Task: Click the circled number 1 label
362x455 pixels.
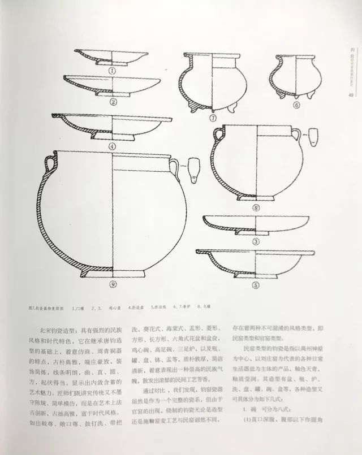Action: (x=112, y=71)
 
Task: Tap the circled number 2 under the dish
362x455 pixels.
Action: (x=113, y=102)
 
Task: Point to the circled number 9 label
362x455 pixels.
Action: (x=113, y=284)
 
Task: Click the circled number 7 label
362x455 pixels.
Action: (x=213, y=119)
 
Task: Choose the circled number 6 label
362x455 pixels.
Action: (x=296, y=105)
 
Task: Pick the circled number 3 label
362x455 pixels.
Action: (x=256, y=242)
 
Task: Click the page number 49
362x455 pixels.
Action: (x=351, y=95)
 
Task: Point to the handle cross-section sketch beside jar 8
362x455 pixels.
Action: (x=313, y=137)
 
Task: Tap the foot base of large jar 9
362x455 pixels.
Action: (x=113, y=273)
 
